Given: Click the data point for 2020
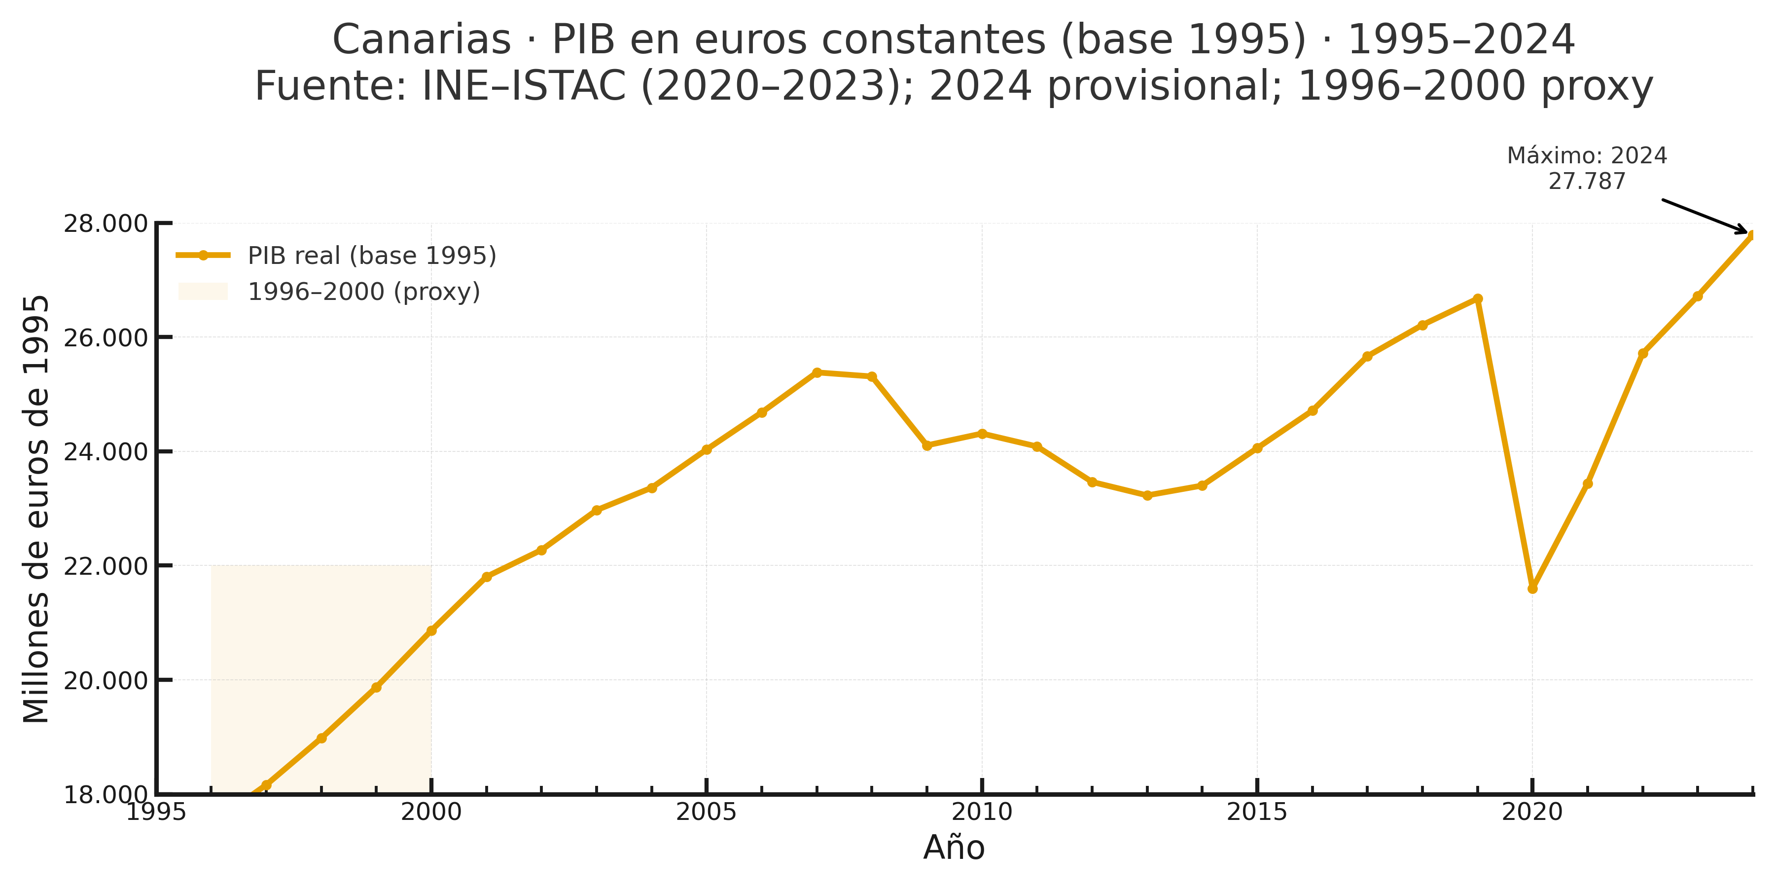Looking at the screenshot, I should click(x=1532, y=588).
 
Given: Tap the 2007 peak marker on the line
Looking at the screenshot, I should click(x=817, y=372).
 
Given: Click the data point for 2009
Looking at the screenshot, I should click(x=927, y=445).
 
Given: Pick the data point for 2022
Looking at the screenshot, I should click(x=1643, y=353).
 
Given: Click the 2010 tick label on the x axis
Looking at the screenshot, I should click(x=982, y=812).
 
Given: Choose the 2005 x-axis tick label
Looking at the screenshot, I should click(x=706, y=812).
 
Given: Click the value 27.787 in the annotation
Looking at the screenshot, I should click(x=1587, y=182).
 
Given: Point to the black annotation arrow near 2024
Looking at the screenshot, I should click(x=1704, y=216).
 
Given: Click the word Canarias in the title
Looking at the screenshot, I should click(x=421, y=39).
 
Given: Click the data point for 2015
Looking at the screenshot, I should click(x=1257, y=448).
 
